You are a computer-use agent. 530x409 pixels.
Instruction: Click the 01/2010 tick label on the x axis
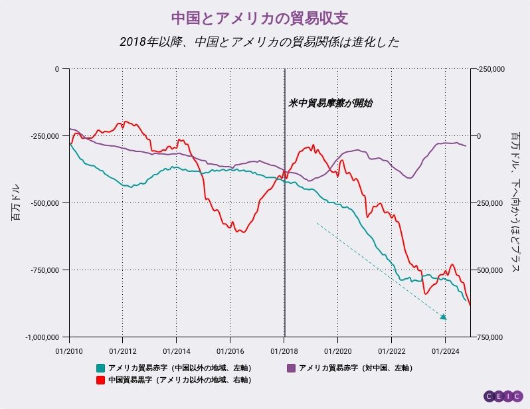(x=68, y=350)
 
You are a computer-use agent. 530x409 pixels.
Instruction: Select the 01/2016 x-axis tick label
(x=229, y=350)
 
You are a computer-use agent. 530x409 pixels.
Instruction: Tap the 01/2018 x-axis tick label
(x=284, y=350)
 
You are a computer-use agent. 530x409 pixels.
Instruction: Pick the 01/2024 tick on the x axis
(x=444, y=350)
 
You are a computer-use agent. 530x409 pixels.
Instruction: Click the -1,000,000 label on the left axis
(x=43, y=337)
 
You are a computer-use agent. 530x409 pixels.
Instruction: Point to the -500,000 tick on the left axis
(x=45, y=203)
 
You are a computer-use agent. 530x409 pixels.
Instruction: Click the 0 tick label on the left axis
(x=57, y=69)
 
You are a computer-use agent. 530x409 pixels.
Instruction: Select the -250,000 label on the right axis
(x=491, y=69)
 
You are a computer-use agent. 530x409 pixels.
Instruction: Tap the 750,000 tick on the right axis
(x=491, y=337)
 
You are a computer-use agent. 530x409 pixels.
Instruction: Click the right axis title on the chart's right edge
(x=514, y=202)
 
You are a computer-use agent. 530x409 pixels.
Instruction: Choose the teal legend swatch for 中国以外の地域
(x=101, y=368)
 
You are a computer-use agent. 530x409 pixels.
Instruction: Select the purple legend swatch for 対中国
(x=291, y=368)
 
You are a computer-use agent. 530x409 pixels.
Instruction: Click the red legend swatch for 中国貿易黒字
(x=101, y=380)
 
